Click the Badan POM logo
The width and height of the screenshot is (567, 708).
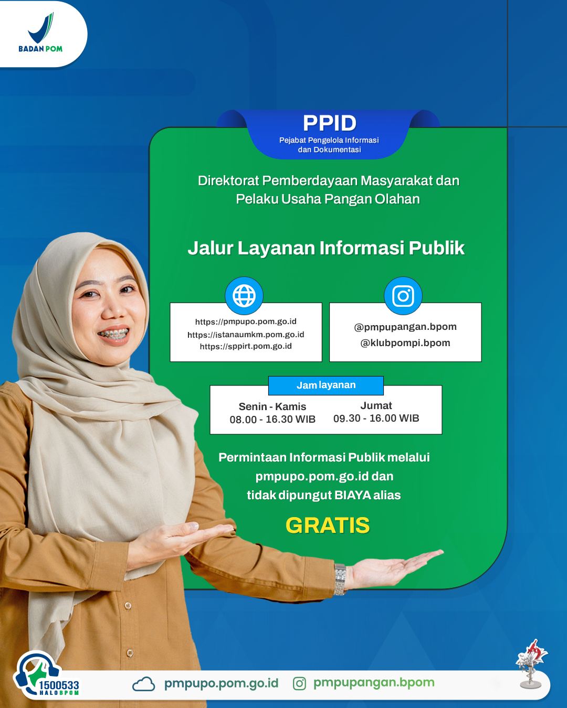(40, 32)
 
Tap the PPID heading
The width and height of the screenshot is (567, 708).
(330, 123)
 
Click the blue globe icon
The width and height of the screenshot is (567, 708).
(244, 295)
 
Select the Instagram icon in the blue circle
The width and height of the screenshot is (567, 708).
(403, 295)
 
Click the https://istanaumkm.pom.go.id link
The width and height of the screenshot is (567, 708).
(246, 335)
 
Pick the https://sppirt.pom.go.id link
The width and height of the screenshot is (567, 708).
(246, 346)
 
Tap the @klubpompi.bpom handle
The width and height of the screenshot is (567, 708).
(405, 343)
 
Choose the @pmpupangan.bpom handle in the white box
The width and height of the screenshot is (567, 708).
(405, 327)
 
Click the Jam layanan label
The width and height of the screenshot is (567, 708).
(326, 385)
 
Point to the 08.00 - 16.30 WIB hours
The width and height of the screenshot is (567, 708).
(272, 420)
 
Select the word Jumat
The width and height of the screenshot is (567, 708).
(376, 405)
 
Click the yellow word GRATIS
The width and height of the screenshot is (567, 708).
(328, 525)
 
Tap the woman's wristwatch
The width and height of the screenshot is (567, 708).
(340, 579)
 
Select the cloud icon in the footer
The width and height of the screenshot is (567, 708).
(144, 684)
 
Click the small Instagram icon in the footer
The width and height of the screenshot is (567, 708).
(299, 684)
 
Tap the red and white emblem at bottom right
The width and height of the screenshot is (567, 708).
(531, 663)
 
